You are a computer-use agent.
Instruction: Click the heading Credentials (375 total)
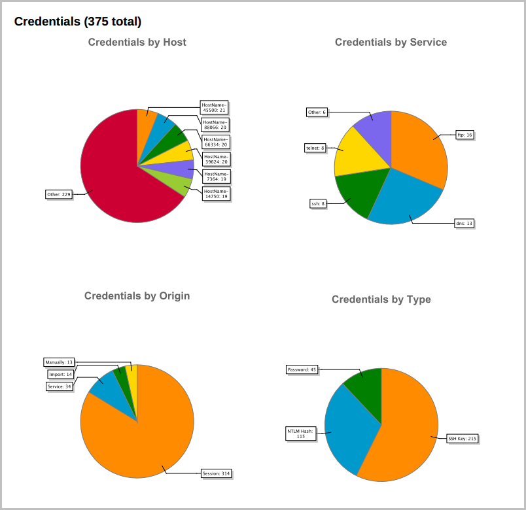78,22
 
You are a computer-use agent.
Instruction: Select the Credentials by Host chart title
137,42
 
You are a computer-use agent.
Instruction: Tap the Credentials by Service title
391,42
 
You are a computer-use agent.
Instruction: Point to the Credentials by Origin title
137,296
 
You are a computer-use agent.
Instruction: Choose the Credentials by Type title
381,299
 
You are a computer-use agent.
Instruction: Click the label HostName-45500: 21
214,107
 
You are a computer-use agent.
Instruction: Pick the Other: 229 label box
58,194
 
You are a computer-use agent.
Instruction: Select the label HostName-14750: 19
215,194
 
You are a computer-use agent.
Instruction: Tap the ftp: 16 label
465,135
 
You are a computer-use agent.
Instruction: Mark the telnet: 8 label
315,148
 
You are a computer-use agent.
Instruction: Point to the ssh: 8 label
317,203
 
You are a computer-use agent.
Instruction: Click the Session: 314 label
217,473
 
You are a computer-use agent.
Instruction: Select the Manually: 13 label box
60,362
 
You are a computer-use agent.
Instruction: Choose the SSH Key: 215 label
462,438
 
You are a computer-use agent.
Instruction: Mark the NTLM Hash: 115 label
301,433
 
